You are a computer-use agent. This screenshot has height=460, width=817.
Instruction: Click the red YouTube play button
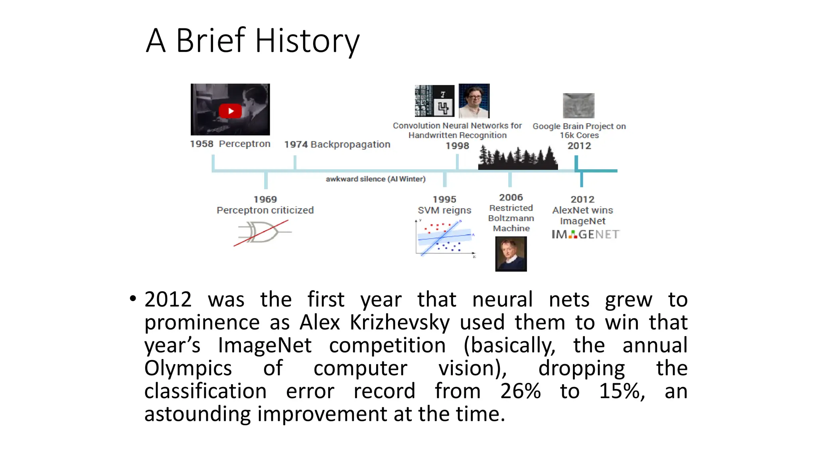(x=230, y=111)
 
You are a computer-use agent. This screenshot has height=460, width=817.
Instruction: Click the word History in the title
(x=307, y=41)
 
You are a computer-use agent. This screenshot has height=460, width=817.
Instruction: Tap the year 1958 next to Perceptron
(x=201, y=144)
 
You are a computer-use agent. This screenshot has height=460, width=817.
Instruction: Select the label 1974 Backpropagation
(x=337, y=145)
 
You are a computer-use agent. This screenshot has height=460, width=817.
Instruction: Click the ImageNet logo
(x=585, y=234)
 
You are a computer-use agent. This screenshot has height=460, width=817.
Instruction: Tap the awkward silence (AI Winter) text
(x=375, y=179)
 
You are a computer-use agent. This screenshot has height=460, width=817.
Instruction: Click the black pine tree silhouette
(x=518, y=159)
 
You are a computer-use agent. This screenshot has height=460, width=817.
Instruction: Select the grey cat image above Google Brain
(x=578, y=106)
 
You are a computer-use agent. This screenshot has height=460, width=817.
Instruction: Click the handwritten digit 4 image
(x=443, y=107)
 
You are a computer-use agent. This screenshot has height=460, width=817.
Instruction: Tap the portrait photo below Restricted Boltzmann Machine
(x=511, y=254)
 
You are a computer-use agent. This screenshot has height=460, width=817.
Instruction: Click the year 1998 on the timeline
(x=457, y=146)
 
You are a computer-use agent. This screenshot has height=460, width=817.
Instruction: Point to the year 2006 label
(x=511, y=198)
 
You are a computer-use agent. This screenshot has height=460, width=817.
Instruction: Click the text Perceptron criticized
(x=265, y=210)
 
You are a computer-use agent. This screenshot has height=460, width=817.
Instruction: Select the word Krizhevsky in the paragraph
(x=400, y=322)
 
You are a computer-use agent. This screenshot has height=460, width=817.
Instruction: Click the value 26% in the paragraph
(x=520, y=391)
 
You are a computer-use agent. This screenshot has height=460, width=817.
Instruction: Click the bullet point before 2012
(x=133, y=299)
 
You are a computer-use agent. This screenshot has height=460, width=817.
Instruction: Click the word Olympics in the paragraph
(x=188, y=368)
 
